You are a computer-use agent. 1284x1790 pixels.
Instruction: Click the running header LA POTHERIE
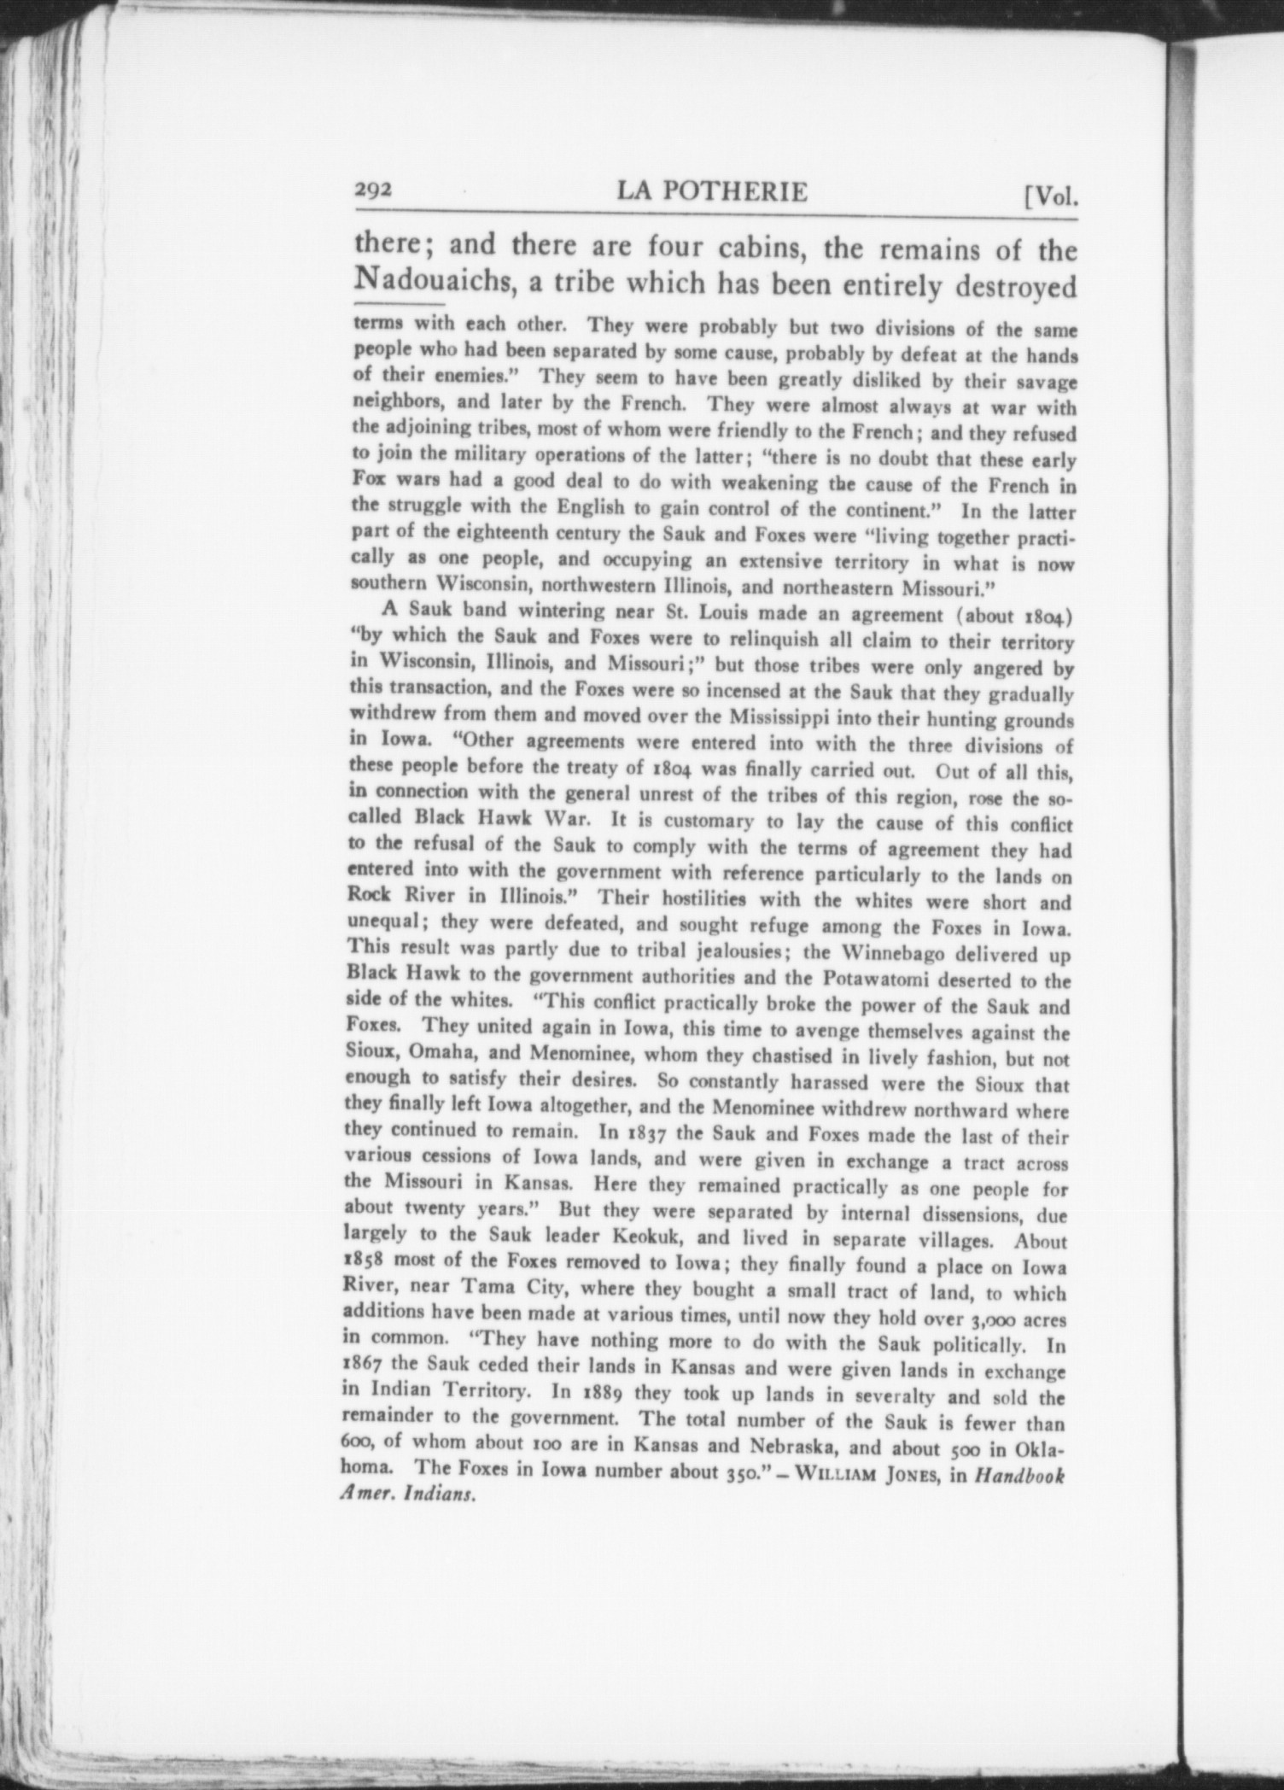(711, 192)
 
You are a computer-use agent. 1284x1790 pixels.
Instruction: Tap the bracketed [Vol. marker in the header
(1050, 197)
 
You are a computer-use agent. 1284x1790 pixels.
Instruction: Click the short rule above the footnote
(399, 304)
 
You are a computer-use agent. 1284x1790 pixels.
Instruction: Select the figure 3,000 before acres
(995, 1319)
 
